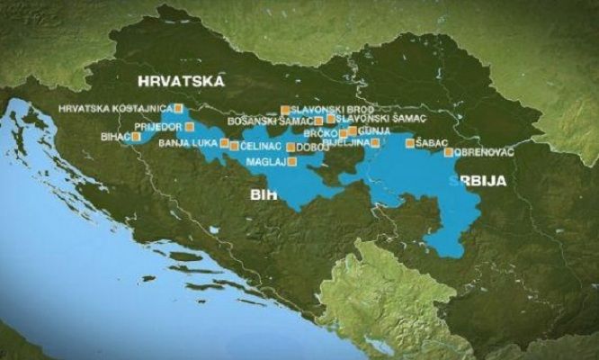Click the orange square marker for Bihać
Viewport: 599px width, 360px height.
[x=136, y=138]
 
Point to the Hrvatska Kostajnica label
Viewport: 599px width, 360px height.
[x=112, y=109]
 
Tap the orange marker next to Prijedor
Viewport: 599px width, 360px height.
[x=190, y=127]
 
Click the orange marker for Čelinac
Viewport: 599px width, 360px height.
[x=235, y=146]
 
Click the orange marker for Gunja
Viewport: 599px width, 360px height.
[x=352, y=131]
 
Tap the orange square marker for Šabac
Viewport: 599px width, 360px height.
[x=410, y=143]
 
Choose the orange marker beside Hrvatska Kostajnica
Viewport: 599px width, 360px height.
[x=177, y=109]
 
